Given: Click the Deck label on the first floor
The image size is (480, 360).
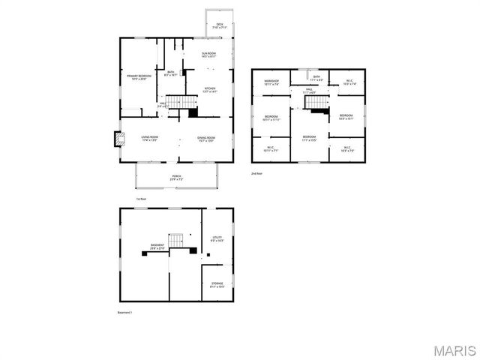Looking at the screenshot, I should click(x=220, y=26).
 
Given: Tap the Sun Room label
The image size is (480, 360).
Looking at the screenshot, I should click(x=210, y=55).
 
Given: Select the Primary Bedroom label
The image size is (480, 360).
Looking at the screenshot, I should click(x=138, y=78).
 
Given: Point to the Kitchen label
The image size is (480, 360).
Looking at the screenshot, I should click(x=210, y=90).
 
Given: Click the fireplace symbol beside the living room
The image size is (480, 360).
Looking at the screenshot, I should click(x=118, y=139).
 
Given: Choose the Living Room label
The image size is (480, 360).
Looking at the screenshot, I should click(x=150, y=138).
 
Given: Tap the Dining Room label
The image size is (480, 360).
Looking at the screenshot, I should click(x=206, y=139).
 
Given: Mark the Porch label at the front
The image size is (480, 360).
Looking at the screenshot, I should click(x=176, y=178).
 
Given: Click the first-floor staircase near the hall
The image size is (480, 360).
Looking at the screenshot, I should click(x=175, y=102).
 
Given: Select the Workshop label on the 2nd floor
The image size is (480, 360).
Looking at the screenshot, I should click(x=271, y=82).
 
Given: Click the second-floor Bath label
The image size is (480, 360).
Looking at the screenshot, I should click(x=316, y=78).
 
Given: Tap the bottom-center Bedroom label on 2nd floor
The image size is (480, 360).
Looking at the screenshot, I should click(x=309, y=138).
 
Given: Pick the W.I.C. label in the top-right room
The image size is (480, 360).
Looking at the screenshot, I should click(x=349, y=82).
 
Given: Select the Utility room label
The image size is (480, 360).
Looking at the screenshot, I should click(x=217, y=239).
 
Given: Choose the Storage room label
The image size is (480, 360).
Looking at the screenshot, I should click(x=217, y=285).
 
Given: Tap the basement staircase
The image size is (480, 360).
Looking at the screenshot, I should click(x=176, y=241).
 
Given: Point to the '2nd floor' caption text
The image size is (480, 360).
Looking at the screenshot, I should click(x=258, y=173).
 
